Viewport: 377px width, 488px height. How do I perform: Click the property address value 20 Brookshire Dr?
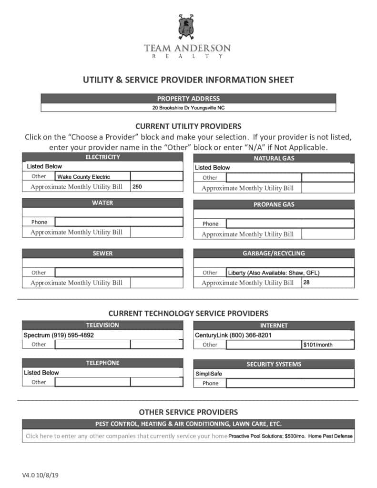[x=188, y=108]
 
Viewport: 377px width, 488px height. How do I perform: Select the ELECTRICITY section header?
[x=102, y=157]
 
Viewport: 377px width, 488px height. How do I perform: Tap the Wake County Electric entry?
[x=84, y=177]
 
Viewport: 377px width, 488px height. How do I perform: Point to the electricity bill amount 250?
[x=137, y=187]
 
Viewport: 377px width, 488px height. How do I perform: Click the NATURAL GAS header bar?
[x=274, y=158]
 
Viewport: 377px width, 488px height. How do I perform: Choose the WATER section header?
[x=102, y=203]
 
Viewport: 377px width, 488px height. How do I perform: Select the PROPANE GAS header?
[x=274, y=204]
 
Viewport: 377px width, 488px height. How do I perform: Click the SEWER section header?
[x=102, y=254]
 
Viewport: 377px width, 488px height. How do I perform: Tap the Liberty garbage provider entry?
[x=274, y=273]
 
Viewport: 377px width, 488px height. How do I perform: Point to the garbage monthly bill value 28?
[x=306, y=282]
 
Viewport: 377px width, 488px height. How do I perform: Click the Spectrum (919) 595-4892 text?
[x=59, y=335]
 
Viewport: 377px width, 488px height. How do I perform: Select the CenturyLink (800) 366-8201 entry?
[x=233, y=335]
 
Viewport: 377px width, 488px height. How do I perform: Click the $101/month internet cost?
[x=318, y=345]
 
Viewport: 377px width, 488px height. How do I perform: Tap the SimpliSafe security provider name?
[x=209, y=374]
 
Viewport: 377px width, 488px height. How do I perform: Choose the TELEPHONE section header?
[x=102, y=363]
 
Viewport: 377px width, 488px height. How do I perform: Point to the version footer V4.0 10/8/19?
[x=43, y=476]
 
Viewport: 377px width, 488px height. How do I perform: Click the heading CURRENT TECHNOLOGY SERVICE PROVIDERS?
[x=188, y=313]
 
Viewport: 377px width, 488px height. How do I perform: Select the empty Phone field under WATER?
[x=119, y=222]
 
